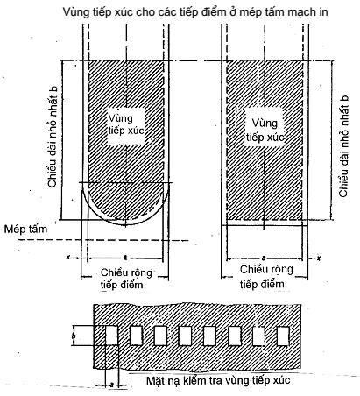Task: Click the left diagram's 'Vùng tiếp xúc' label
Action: (x=126, y=124)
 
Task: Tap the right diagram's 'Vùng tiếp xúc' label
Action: (x=265, y=130)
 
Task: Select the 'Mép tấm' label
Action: (x=25, y=229)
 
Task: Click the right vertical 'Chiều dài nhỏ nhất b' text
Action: (x=343, y=146)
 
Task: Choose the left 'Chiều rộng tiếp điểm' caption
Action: (x=126, y=279)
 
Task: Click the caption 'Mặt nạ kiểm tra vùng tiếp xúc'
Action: (x=218, y=380)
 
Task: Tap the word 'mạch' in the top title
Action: (x=300, y=12)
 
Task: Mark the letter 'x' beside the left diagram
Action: (x=68, y=258)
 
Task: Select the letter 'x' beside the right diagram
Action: (x=320, y=258)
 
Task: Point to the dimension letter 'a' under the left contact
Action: (x=125, y=258)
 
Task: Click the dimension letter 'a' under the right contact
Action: (x=264, y=258)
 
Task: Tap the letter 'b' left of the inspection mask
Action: (x=74, y=336)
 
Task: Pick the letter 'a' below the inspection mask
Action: (x=111, y=385)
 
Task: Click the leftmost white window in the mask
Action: (x=111, y=336)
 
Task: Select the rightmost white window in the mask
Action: (x=283, y=336)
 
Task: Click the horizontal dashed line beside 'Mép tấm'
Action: (x=103, y=240)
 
